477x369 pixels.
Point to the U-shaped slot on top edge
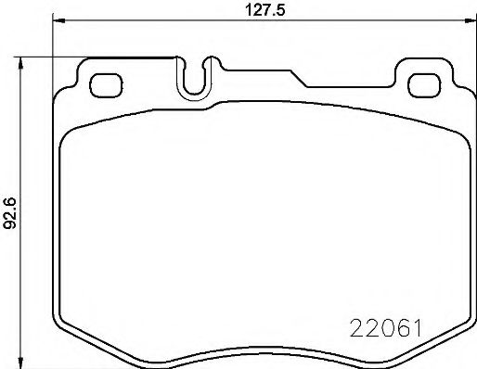click(x=195, y=80)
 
